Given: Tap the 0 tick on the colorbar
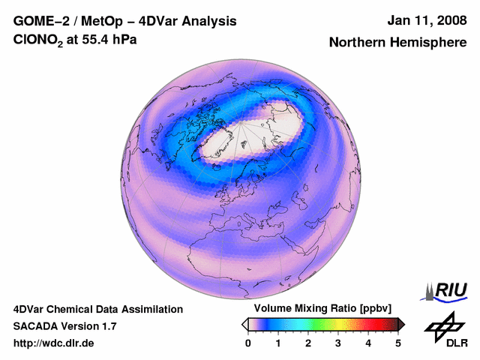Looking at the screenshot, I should click(248, 343).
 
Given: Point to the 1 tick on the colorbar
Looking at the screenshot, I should click(278, 343).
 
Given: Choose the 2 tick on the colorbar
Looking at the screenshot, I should click(308, 343).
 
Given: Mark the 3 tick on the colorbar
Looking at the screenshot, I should click(338, 343).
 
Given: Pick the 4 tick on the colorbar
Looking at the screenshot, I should click(368, 343).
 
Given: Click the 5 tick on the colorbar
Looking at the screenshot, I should click(398, 343).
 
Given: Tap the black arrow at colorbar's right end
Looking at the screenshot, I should click(401, 324).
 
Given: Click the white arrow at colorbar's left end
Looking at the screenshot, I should click(244, 324).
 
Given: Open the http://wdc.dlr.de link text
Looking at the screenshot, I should click(54, 343).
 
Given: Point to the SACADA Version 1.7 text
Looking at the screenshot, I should click(64, 326).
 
